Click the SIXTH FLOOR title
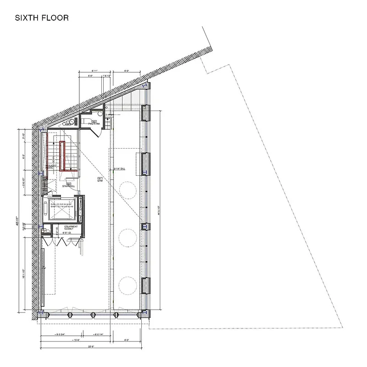pyautogui.click(x=42, y=18)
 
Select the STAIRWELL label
pyautogui.click(x=68, y=186)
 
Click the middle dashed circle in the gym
pyautogui.click(x=128, y=237)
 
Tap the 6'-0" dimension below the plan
pyautogui.click(x=127, y=340)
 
